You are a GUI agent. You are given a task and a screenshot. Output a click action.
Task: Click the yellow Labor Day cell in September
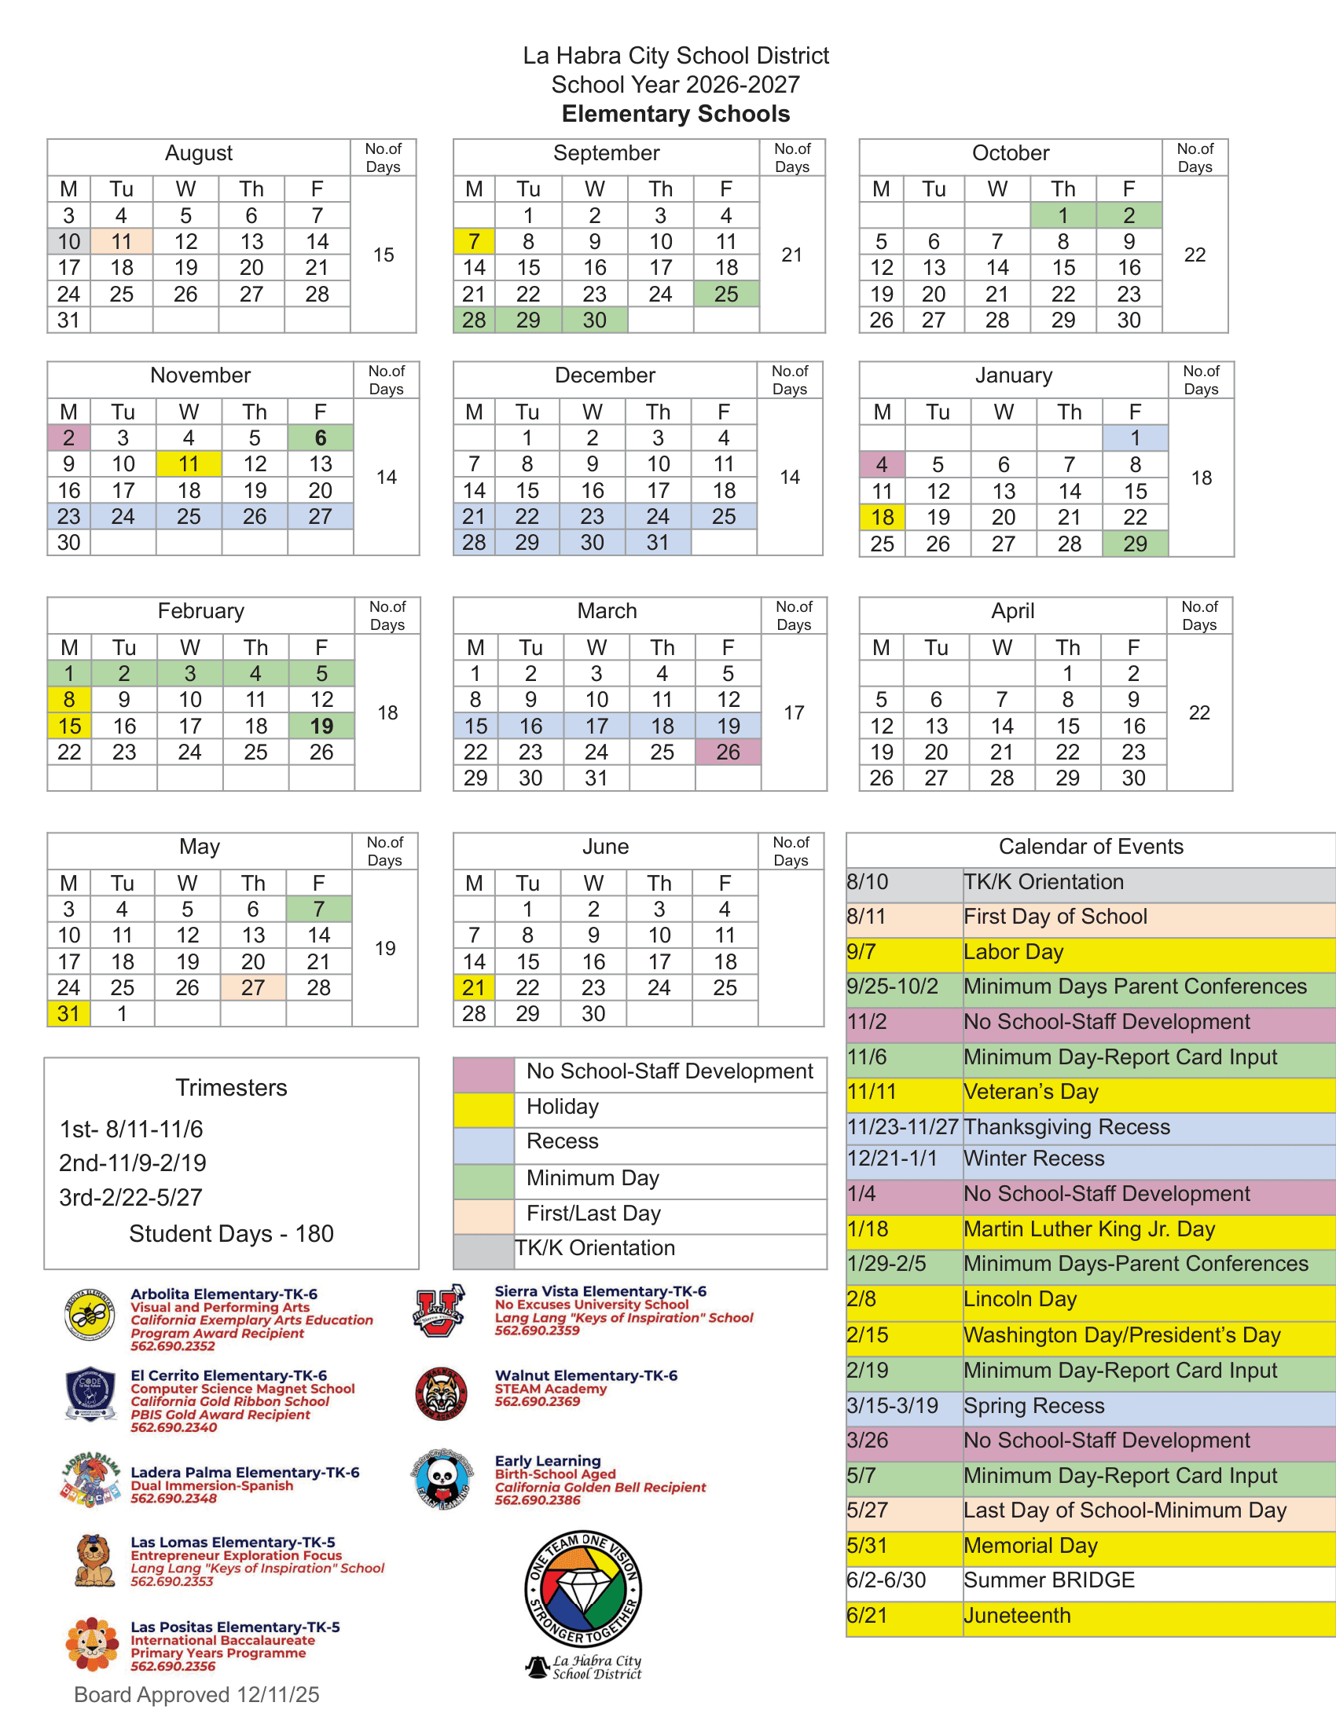coord(473,241)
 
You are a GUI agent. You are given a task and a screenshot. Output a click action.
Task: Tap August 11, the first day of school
coord(121,241)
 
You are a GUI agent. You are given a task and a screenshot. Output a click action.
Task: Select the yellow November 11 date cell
coord(189,463)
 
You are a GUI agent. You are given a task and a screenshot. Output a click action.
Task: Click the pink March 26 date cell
coord(728,752)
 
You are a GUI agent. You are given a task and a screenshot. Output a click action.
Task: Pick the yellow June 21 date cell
coord(473,987)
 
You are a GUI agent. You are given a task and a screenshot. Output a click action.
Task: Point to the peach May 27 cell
coord(252,987)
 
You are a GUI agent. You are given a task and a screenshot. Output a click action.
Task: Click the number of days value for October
coord(1195,254)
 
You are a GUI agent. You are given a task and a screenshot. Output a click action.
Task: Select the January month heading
coord(1013,375)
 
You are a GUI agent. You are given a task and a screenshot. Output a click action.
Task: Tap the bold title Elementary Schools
coord(675,114)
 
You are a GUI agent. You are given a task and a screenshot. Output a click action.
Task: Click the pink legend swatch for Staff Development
coord(483,1074)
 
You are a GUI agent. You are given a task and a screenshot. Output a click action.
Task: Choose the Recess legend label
coord(562,1141)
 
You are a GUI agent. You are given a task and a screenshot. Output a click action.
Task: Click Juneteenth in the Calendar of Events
coord(1016,1615)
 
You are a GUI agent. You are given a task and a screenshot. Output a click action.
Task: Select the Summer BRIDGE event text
coord(1048,1580)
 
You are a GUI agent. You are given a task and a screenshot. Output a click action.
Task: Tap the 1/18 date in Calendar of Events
coord(868,1228)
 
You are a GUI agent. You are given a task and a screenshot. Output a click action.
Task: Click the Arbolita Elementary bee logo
coord(90,1315)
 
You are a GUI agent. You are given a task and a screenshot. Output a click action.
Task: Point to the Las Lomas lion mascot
coord(94,1560)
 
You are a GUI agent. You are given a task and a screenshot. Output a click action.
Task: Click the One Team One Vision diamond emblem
coord(584,1589)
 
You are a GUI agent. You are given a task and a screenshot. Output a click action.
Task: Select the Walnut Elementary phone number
coord(538,1401)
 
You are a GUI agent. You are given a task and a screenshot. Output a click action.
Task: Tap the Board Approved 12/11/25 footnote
coord(196,1694)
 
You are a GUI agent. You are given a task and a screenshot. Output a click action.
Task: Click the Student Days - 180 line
coord(231,1233)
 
